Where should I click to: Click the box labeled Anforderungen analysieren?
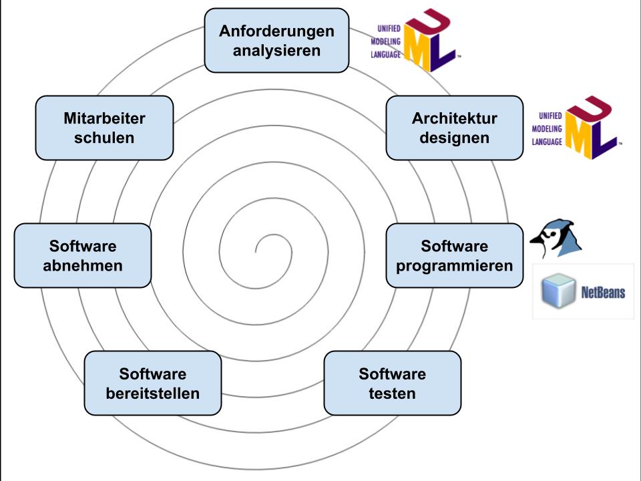(276, 40)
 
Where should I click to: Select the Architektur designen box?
(454, 128)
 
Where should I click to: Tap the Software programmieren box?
(454, 255)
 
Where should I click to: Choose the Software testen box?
(392, 383)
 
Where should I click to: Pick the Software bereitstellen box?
(152, 383)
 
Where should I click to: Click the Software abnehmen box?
(83, 255)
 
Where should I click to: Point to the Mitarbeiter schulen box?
(104, 128)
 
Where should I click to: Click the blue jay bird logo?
(556, 238)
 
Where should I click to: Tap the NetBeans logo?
(583, 291)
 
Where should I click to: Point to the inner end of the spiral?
(256, 251)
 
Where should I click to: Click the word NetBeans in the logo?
(603, 292)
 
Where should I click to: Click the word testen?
(392, 393)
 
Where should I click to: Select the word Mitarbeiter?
(104, 118)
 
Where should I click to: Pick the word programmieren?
(454, 265)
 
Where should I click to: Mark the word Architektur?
(454, 118)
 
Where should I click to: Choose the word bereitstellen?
(152, 393)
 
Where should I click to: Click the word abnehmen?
(83, 265)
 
